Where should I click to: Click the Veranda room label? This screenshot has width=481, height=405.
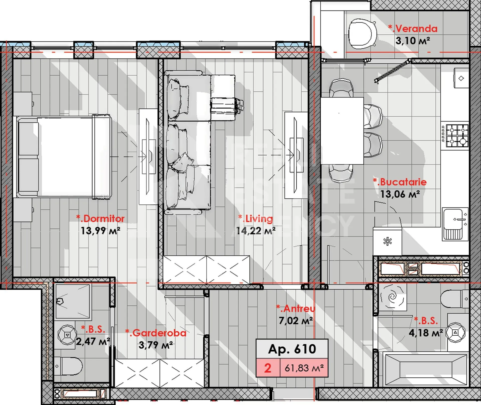[x=413, y=29]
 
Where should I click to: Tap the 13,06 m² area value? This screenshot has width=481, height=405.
[x=400, y=194]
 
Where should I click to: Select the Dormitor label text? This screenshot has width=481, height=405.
[x=100, y=218]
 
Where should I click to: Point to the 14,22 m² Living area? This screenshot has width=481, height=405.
[x=256, y=231]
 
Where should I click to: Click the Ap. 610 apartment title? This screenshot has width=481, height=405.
[x=292, y=349]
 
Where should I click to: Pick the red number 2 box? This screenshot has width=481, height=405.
[x=268, y=368]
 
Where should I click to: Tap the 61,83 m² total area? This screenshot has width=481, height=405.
[x=304, y=368]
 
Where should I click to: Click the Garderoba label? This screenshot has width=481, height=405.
[x=156, y=333]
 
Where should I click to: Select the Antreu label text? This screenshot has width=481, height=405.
[x=296, y=308]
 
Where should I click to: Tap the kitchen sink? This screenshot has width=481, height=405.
[x=455, y=224]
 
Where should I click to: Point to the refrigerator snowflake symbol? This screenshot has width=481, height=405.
[x=388, y=241]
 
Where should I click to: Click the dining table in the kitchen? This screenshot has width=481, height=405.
[x=342, y=130]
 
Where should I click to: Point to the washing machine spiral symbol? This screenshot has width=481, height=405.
[x=393, y=297]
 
